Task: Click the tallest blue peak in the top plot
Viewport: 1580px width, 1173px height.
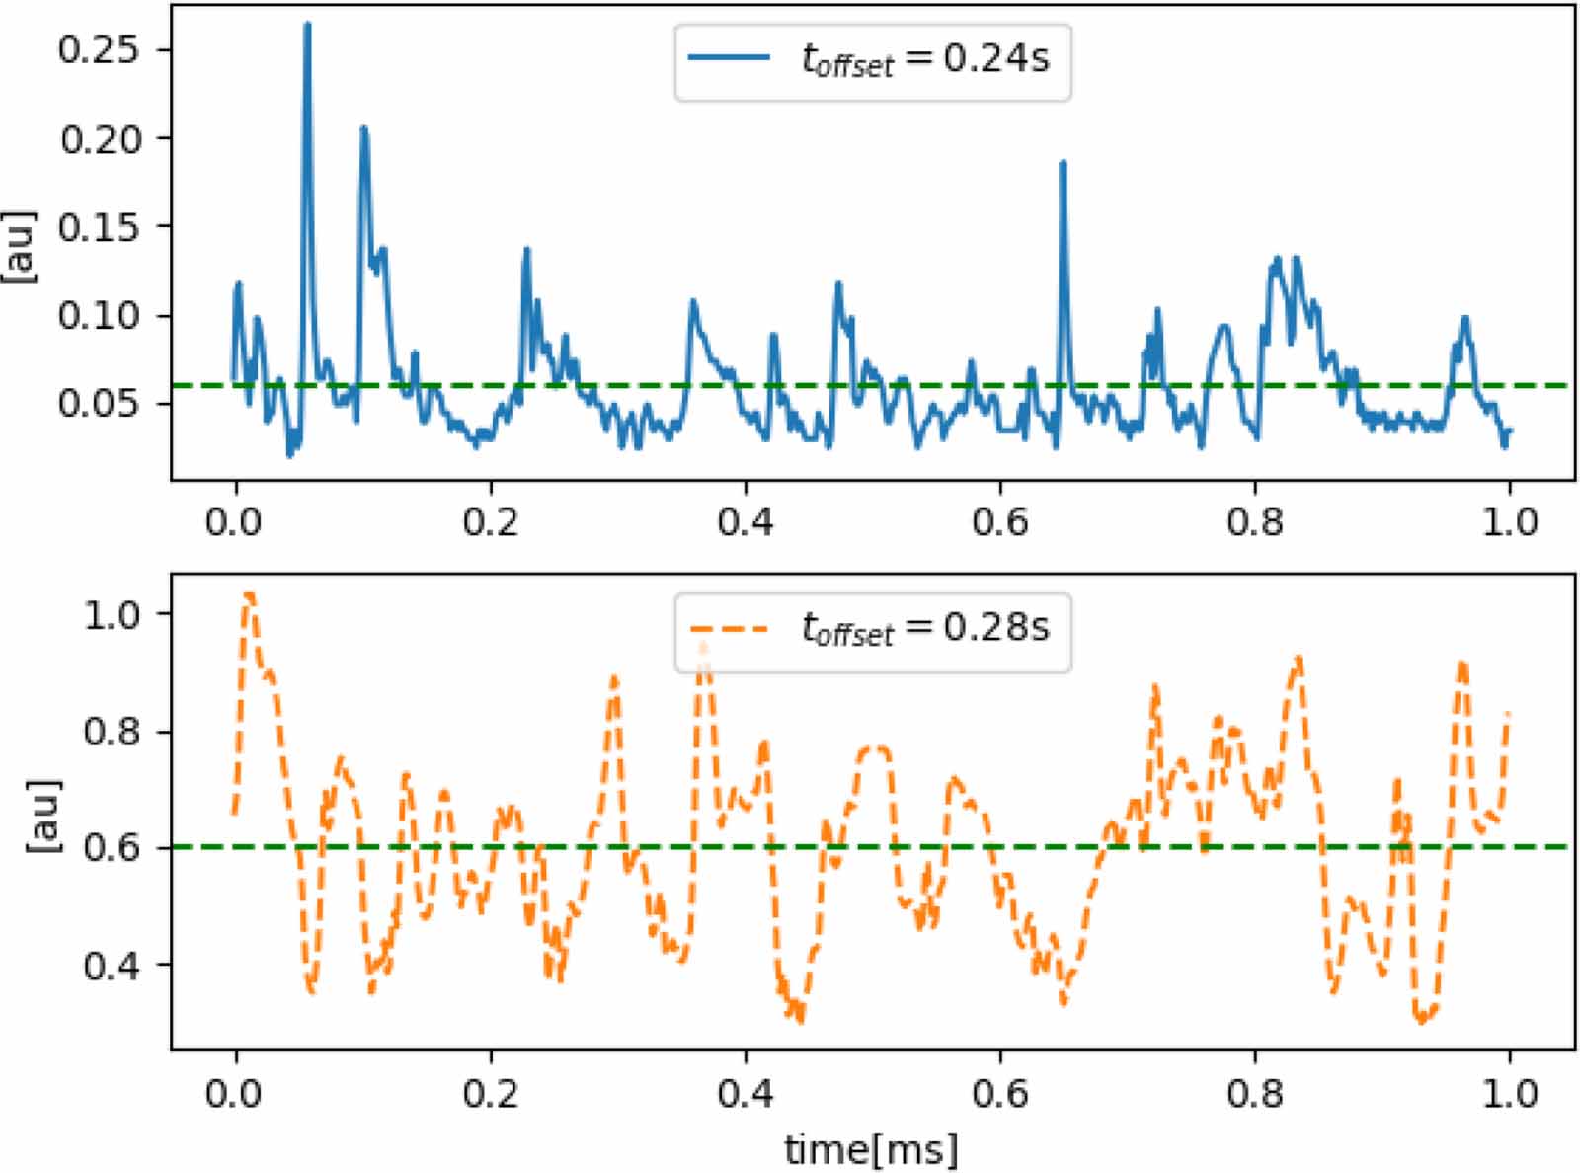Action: [306, 26]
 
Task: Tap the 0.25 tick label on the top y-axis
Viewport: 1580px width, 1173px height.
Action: [100, 49]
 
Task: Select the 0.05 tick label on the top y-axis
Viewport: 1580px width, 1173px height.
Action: [100, 403]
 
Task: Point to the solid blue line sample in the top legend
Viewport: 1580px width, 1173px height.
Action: [729, 57]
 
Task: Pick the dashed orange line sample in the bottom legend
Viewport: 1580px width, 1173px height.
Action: [729, 627]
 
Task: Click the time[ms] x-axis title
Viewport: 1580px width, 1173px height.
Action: [871, 1149]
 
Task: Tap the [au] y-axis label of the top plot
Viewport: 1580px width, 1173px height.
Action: [20, 247]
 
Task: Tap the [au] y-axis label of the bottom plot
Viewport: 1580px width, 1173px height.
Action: [43, 817]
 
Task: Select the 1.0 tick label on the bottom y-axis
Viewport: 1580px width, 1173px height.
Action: [114, 614]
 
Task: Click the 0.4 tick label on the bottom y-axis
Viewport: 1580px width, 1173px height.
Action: [114, 965]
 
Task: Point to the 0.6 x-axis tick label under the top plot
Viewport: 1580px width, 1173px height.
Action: [999, 521]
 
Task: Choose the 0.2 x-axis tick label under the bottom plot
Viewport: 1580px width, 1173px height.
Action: [490, 1093]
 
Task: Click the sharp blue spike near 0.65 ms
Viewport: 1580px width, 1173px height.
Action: [1063, 164]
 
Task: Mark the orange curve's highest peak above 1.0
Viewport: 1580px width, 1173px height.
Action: [249, 595]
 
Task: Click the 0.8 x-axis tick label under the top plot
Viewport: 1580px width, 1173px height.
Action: [1254, 521]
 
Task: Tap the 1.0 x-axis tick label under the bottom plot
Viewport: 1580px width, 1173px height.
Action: [1509, 1093]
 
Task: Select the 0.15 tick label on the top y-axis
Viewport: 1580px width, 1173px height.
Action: [100, 227]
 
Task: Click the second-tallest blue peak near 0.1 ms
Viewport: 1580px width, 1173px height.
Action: [363, 129]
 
